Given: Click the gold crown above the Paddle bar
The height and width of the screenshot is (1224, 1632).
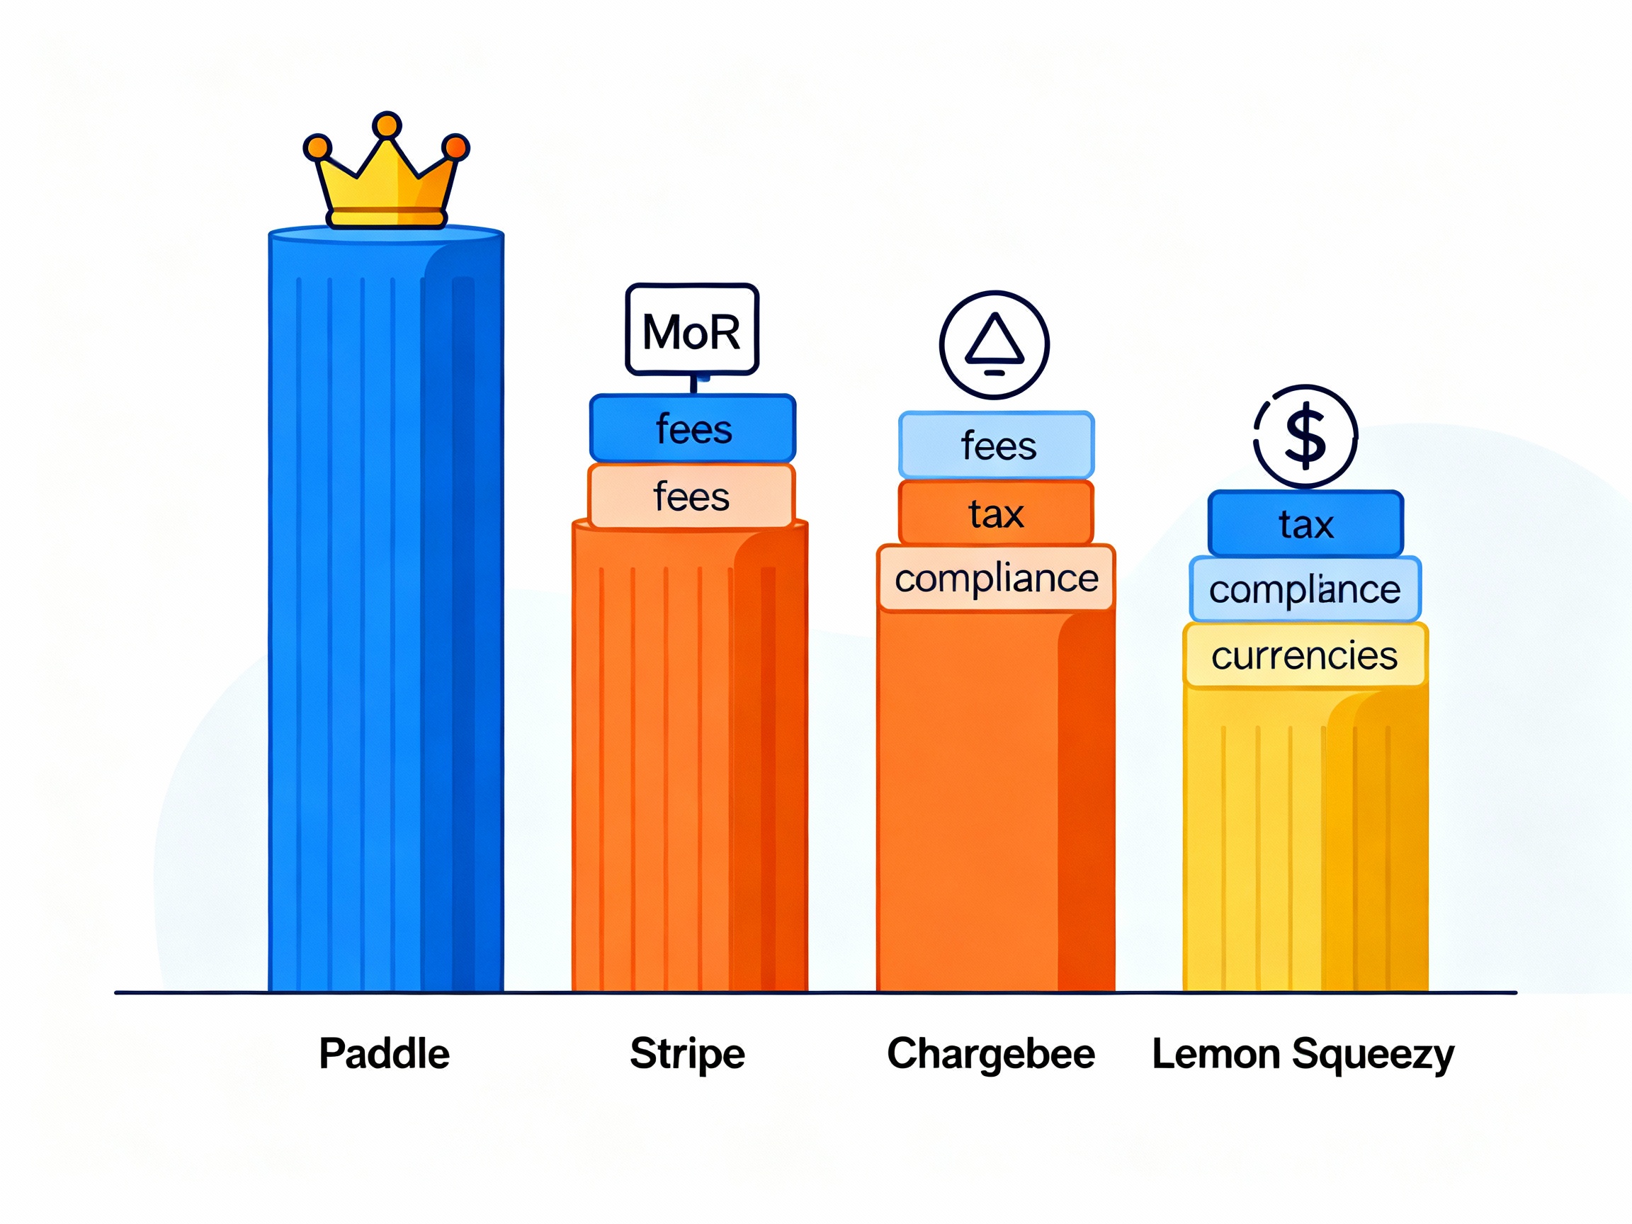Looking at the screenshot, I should (x=386, y=184).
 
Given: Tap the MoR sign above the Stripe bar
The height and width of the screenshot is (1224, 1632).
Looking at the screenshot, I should (x=691, y=330).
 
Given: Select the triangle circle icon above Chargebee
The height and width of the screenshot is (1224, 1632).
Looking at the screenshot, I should (x=994, y=344).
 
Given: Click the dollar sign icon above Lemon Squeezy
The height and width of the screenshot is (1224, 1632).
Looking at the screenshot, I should (x=1305, y=437).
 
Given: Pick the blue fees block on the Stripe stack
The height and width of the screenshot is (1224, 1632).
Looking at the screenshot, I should (x=692, y=429).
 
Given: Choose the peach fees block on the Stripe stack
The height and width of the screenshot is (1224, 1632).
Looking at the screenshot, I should (x=691, y=497).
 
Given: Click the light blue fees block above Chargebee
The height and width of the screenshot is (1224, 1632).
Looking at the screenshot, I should (x=996, y=446).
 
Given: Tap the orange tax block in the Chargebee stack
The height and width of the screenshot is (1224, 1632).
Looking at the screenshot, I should (x=996, y=514).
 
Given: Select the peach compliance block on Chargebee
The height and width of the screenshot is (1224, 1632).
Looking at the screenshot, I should (x=996, y=579).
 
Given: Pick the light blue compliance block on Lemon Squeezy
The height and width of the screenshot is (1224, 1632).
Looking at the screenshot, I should (x=1305, y=589).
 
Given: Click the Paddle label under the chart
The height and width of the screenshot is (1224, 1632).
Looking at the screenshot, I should (x=384, y=1053).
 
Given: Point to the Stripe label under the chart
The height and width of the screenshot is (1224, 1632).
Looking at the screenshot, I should (x=687, y=1053).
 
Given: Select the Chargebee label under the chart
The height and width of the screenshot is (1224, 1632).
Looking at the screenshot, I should (x=991, y=1053).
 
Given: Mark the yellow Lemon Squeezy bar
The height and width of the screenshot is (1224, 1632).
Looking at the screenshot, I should (x=1305, y=841).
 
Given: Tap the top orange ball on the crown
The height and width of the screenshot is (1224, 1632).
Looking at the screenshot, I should (x=387, y=125).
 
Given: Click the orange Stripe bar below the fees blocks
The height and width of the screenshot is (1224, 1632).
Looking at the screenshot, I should (x=690, y=760).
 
